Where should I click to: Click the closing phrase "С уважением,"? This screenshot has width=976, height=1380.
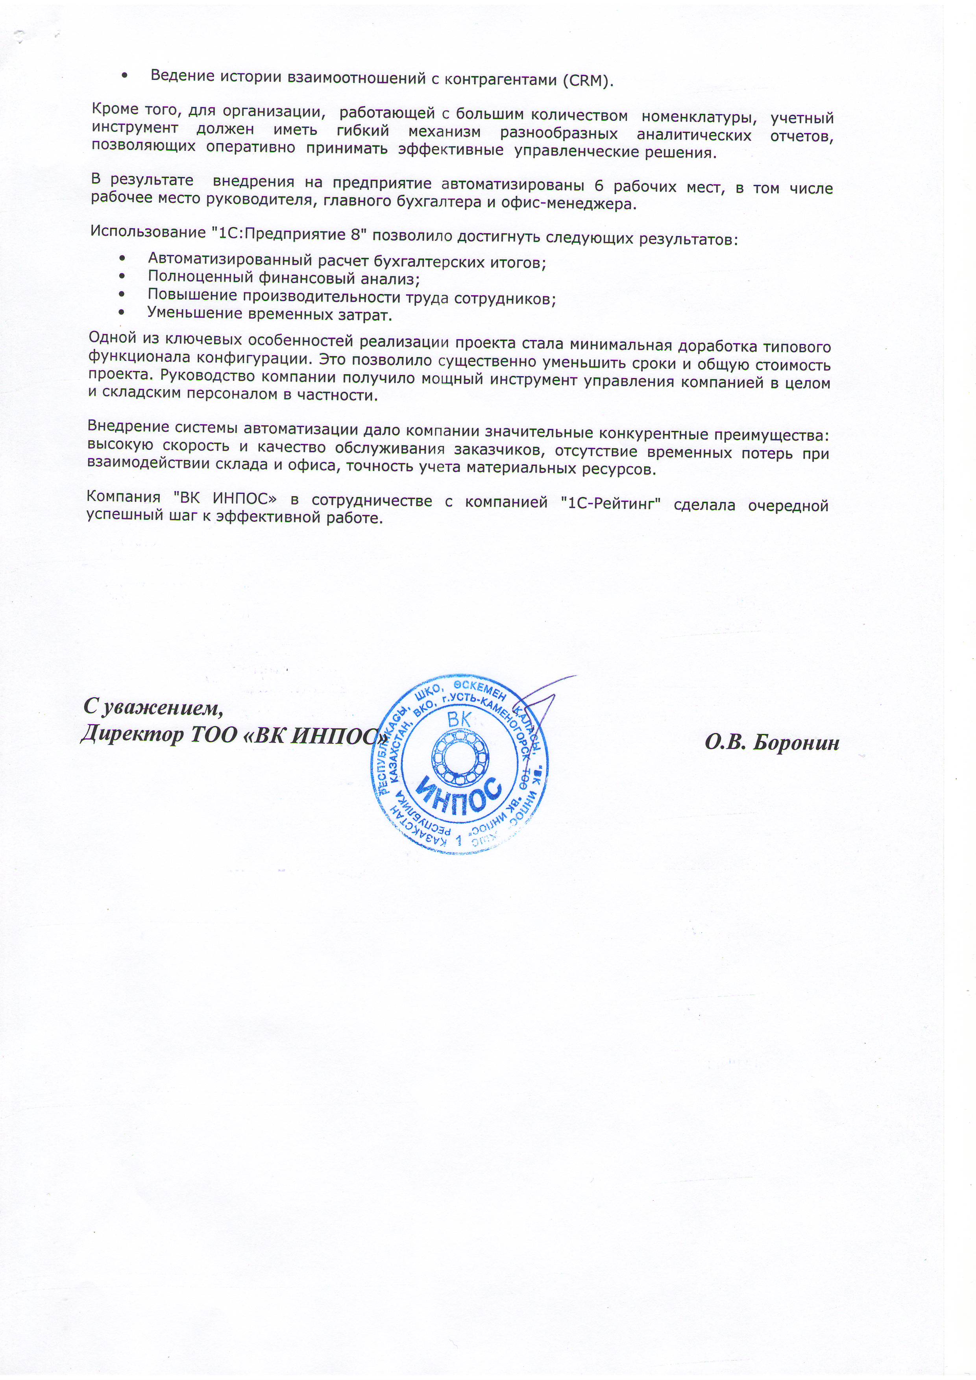tap(153, 707)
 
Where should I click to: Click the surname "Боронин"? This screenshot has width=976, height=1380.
tap(796, 743)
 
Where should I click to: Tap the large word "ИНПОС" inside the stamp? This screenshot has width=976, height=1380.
tap(459, 795)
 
